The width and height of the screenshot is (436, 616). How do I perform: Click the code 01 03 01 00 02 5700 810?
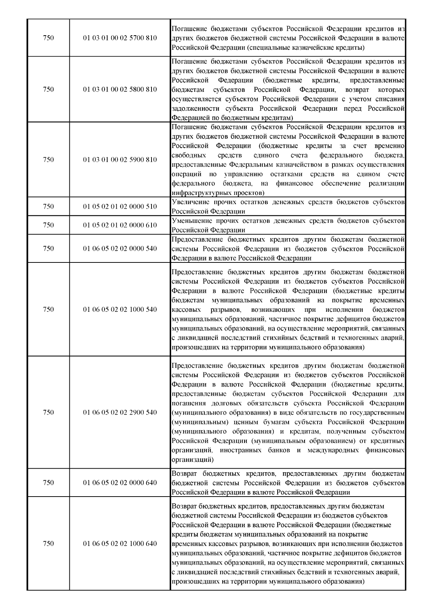(120, 38)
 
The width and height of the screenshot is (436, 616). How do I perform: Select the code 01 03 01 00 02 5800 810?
(120, 89)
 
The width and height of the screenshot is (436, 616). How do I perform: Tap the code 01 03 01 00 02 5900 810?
(120, 160)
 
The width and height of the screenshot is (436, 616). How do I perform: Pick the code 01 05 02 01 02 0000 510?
(120, 207)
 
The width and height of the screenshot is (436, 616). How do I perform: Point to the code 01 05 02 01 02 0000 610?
(120, 225)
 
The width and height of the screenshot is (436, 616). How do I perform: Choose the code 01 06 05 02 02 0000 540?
(120, 249)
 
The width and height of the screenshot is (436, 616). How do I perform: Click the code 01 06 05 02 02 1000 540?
(120, 309)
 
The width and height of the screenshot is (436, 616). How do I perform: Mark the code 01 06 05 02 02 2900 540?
(120, 412)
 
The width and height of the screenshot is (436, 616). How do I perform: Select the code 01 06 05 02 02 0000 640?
(120, 482)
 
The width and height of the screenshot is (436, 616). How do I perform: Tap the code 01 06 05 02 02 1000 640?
(120, 543)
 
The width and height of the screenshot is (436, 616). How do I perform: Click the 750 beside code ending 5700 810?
(48, 38)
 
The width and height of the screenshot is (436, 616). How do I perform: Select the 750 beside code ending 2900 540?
(48, 412)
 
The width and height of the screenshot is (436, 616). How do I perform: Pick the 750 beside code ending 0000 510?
(48, 207)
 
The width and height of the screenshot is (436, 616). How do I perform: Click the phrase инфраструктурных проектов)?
(218, 192)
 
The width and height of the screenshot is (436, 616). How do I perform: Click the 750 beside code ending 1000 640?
(48, 543)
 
